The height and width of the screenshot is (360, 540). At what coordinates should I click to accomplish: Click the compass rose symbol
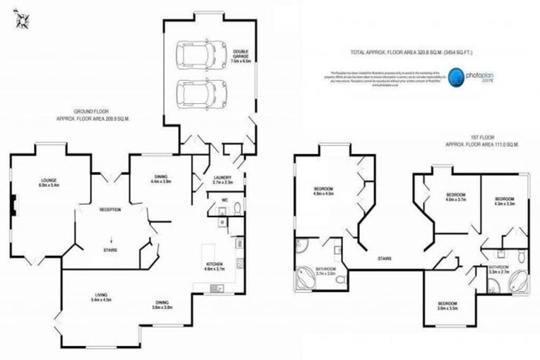point(19,20)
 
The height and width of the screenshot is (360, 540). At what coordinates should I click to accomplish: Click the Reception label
point(110,210)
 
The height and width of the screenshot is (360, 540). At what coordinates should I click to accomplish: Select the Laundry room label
point(223,180)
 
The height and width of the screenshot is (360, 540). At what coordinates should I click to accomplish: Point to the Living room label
point(103,297)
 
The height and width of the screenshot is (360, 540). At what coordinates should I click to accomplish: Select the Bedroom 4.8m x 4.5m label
point(323,191)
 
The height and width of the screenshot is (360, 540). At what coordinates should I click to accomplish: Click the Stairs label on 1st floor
point(384,258)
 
